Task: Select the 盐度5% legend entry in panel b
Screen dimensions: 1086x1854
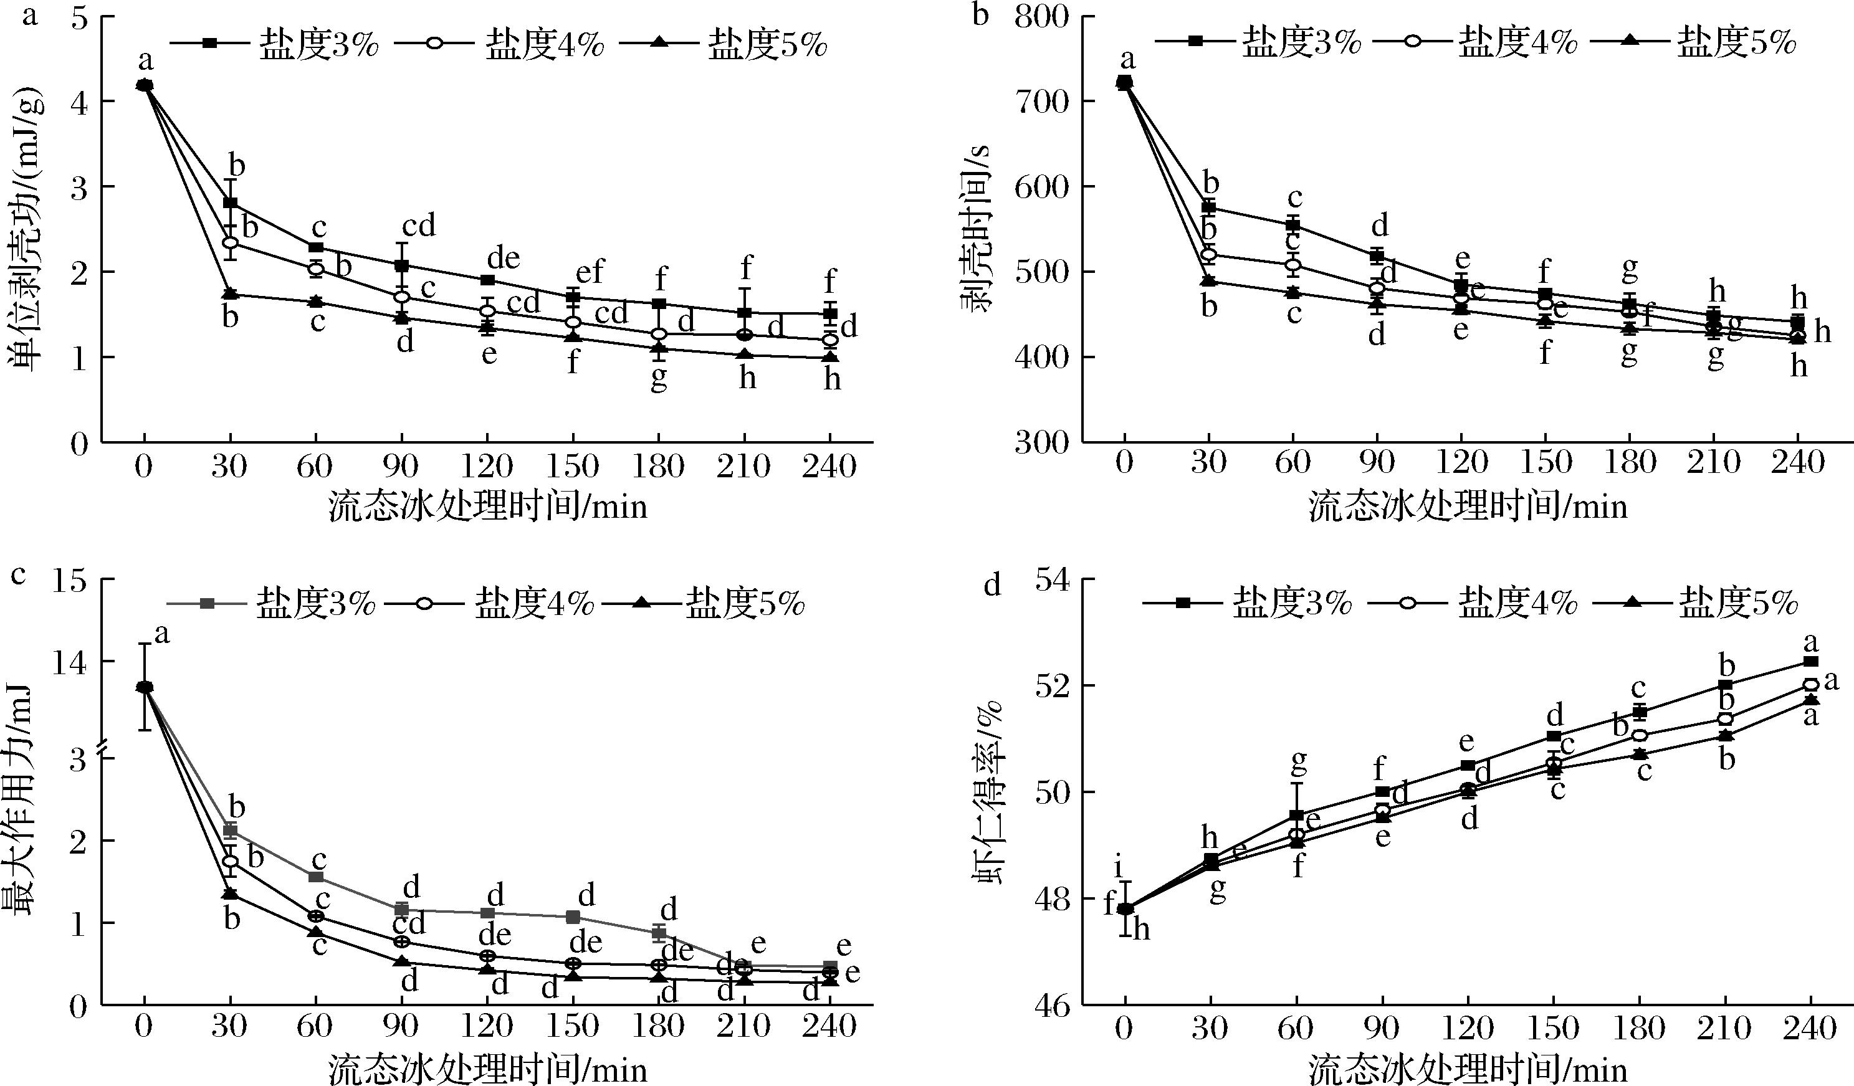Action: click(1692, 42)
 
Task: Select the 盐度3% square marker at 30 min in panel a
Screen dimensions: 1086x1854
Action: click(231, 203)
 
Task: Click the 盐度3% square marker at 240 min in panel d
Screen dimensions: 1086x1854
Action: click(1810, 662)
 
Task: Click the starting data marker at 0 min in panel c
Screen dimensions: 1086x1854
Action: click(145, 687)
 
